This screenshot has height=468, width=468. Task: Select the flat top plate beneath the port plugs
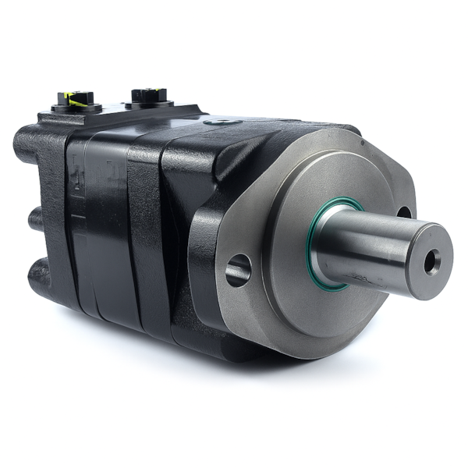tap(117, 113)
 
